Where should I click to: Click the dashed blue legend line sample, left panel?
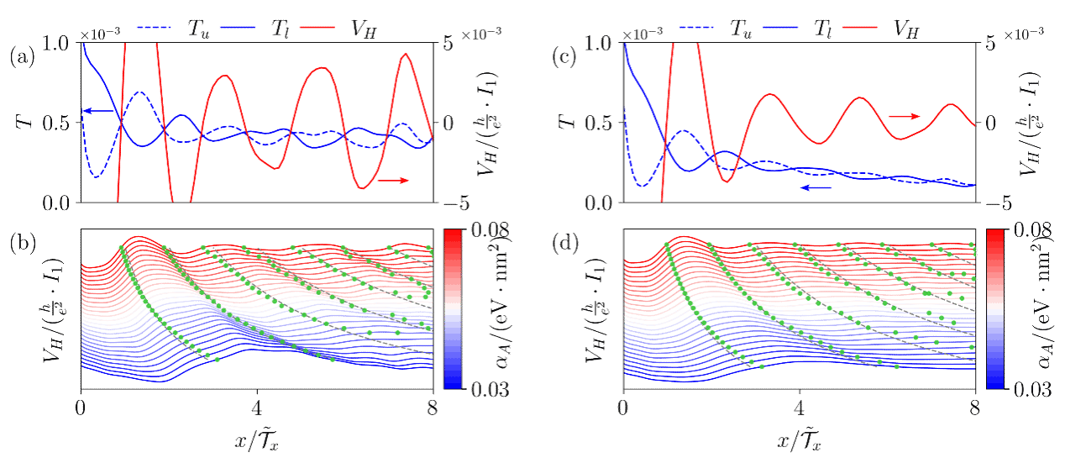(x=153, y=27)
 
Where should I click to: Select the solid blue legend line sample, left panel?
(x=238, y=27)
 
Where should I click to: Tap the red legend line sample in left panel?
(x=317, y=27)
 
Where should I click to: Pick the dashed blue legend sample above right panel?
(x=696, y=27)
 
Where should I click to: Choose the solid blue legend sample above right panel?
(x=780, y=27)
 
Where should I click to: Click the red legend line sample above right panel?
(x=860, y=27)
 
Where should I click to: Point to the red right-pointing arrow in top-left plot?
(x=393, y=180)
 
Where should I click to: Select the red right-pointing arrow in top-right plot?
(x=905, y=117)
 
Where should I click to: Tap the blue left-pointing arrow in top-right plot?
(x=816, y=187)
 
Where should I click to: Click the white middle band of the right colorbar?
(x=995, y=308)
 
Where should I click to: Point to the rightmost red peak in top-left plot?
(x=407, y=55)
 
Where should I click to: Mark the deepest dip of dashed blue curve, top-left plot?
(x=97, y=176)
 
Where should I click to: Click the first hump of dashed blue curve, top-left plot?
(x=140, y=92)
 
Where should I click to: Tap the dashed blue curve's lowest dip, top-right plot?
(x=643, y=186)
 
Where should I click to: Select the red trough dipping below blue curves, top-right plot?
(x=728, y=181)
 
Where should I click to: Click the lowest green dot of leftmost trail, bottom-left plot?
(x=217, y=360)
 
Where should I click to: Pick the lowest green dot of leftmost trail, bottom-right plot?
(x=761, y=368)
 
